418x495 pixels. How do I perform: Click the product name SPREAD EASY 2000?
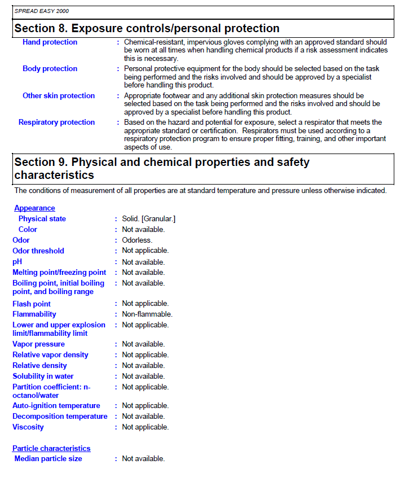click(42, 11)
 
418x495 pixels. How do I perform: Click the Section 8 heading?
click(147, 28)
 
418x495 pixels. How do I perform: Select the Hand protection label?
click(50, 42)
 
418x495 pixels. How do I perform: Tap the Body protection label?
click(50, 69)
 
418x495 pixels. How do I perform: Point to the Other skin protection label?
click(59, 96)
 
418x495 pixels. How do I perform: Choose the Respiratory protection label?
click(56, 122)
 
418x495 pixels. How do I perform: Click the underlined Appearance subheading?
click(34, 208)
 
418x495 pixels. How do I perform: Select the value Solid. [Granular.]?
click(149, 219)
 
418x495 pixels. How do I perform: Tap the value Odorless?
click(137, 240)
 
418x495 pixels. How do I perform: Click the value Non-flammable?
click(147, 314)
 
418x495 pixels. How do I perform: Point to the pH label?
click(17, 262)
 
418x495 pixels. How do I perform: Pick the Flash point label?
click(32, 304)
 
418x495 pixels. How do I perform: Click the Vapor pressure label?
click(38, 344)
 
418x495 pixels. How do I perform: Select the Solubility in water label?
click(43, 376)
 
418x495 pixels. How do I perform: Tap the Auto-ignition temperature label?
click(56, 406)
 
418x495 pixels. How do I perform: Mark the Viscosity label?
click(28, 427)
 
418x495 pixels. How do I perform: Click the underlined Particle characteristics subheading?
click(51, 449)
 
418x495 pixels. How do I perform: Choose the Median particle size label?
click(48, 459)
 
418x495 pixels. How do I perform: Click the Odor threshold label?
click(38, 251)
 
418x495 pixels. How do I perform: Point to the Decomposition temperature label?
click(60, 417)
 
